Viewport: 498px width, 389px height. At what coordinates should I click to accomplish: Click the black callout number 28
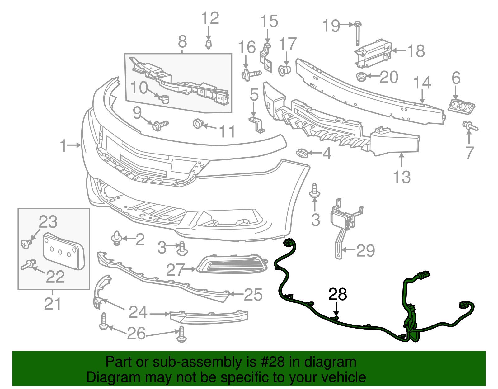pyautogui.click(x=338, y=294)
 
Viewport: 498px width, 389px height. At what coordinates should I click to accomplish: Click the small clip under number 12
pyautogui.click(x=209, y=44)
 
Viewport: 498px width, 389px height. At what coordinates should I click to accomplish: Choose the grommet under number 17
pyautogui.click(x=284, y=71)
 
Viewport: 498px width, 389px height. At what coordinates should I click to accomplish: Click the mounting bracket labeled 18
pyautogui.click(x=374, y=54)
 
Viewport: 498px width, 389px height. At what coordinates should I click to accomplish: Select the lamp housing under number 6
pyautogui.click(x=461, y=106)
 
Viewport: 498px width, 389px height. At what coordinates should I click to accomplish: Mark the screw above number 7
pyautogui.click(x=470, y=126)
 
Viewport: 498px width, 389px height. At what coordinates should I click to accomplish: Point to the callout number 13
pyautogui.click(x=402, y=177)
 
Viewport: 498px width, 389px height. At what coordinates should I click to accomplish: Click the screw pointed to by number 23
pyautogui.click(x=26, y=243)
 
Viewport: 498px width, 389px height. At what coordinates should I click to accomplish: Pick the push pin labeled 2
pyautogui.click(x=117, y=238)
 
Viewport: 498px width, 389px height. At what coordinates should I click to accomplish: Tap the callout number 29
pyautogui.click(x=365, y=250)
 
